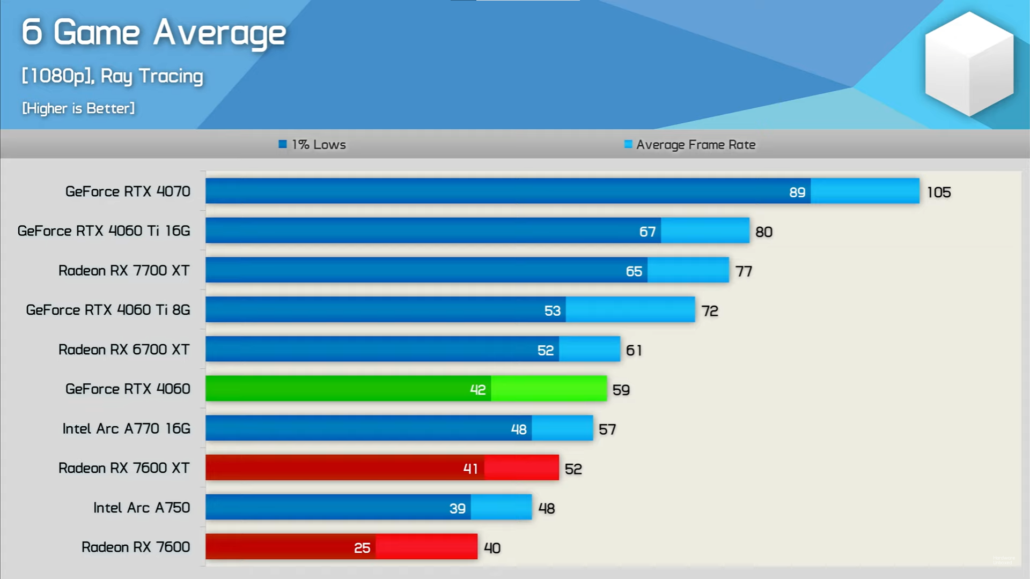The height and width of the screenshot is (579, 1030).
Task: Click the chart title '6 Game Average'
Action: [x=153, y=33]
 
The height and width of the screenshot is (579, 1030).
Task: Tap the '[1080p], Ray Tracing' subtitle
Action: [x=113, y=76]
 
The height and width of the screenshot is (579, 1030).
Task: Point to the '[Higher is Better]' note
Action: [x=78, y=108]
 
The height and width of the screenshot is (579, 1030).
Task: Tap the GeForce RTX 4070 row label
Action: [x=128, y=191]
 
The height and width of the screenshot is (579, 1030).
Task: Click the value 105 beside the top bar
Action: [x=939, y=192]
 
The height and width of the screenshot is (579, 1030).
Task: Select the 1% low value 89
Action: [x=797, y=192]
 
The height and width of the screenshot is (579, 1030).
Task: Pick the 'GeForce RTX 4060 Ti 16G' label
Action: [x=104, y=231]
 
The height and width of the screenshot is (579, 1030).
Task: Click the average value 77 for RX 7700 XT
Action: [x=744, y=271]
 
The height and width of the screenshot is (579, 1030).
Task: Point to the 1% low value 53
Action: [x=552, y=311]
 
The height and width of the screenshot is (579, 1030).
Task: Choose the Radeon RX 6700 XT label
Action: [x=124, y=350]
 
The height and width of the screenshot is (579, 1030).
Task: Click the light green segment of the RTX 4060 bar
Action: [x=548, y=389]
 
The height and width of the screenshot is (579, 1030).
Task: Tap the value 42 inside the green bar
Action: [x=477, y=390]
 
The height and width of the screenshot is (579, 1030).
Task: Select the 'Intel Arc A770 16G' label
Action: [x=127, y=429]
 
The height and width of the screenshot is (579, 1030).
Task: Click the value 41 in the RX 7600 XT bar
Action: [x=470, y=469]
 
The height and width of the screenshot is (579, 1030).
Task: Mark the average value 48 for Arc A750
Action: [x=546, y=508]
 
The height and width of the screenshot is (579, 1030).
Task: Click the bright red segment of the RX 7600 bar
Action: [x=426, y=547]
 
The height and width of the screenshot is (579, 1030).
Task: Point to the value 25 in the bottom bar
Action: [x=362, y=548]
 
